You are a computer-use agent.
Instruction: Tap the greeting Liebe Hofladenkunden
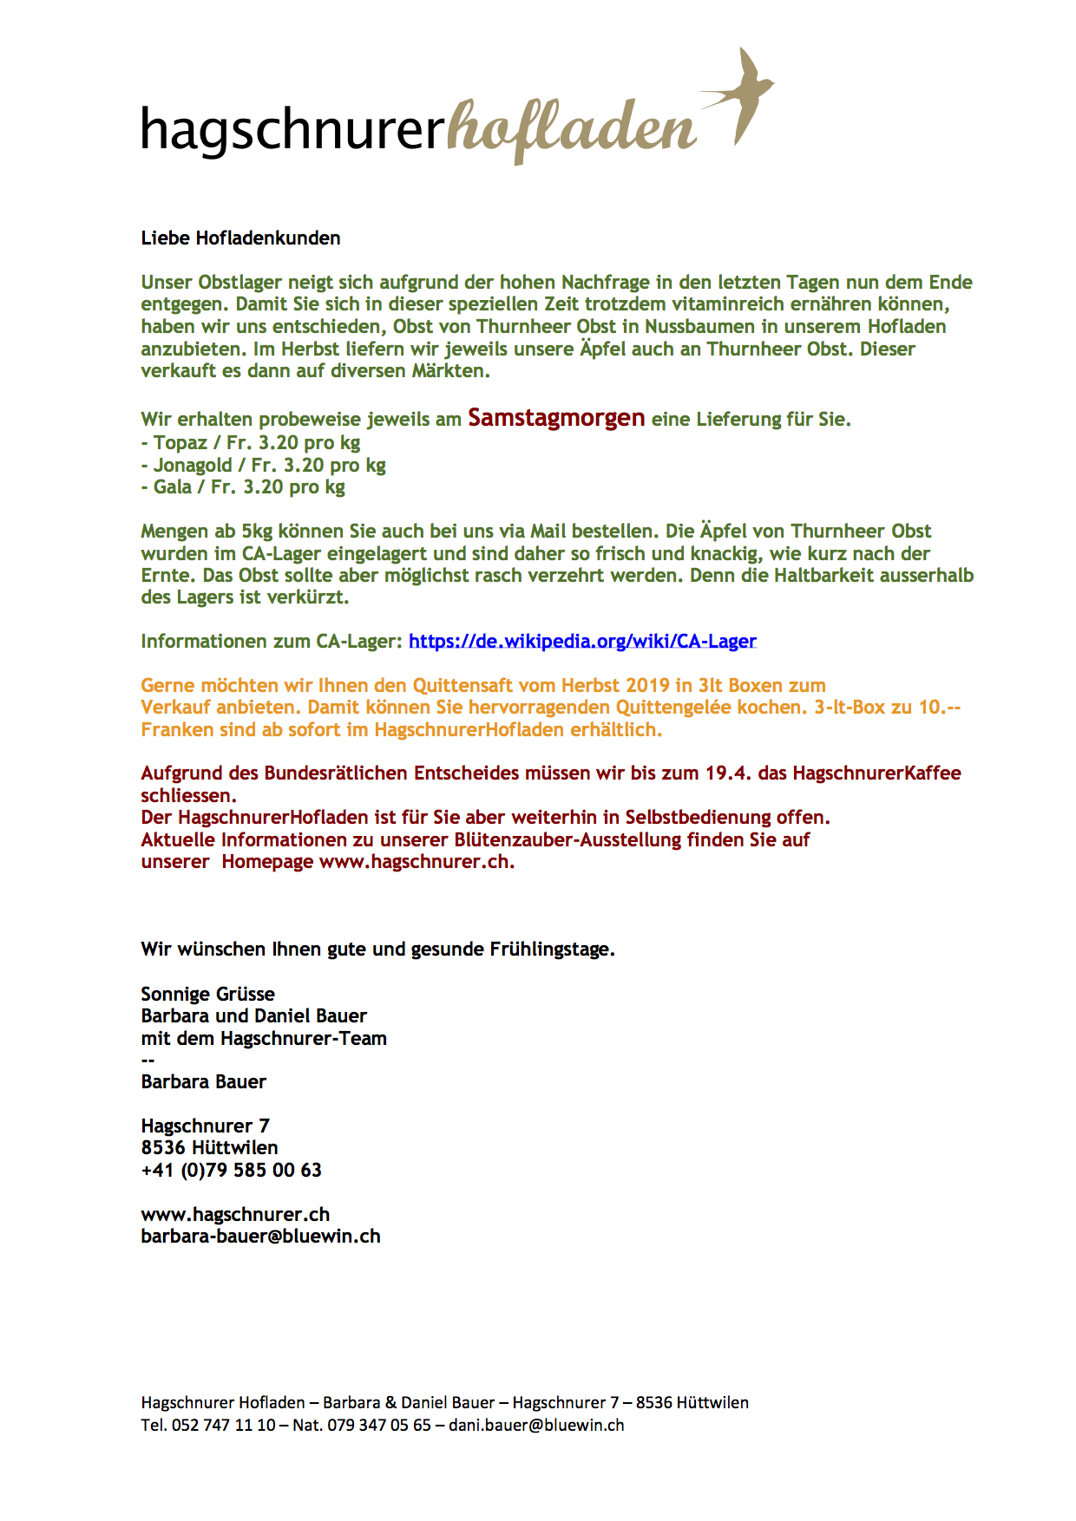(240, 238)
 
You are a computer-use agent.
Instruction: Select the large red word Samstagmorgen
(556, 418)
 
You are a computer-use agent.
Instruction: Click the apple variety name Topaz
(180, 442)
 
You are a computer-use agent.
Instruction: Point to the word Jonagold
(193, 465)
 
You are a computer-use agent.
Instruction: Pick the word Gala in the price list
(173, 486)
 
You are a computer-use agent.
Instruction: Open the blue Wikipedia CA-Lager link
(582, 641)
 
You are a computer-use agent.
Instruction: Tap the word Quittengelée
(673, 707)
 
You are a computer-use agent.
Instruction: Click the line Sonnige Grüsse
(207, 994)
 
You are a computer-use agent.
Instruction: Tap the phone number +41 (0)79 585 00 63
(231, 1170)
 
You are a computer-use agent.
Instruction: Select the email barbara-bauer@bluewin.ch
(260, 1236)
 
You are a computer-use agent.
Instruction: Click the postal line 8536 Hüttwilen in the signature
(209, 1147)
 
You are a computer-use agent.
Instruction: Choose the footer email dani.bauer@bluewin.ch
(536, 1425)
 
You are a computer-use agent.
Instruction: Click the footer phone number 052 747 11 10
(224, 1425)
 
